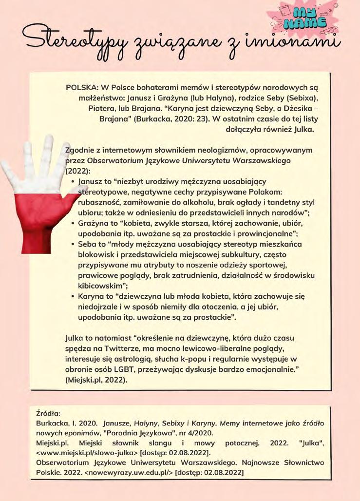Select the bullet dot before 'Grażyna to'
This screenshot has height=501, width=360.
pyautogui.click(x=73, y=224)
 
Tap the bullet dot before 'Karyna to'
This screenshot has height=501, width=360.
pyautogui.click(x=73, y=296)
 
